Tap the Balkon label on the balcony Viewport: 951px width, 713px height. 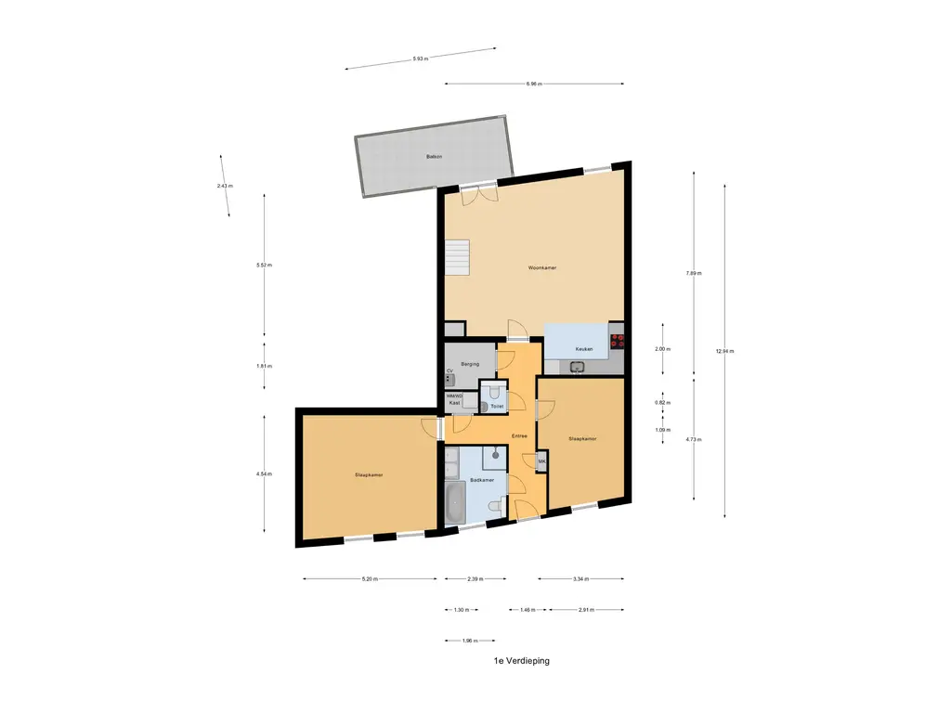434,157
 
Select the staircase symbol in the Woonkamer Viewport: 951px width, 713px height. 458,257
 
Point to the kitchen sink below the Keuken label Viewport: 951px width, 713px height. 578,367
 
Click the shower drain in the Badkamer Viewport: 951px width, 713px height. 497,455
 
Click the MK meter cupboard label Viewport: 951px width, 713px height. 541,461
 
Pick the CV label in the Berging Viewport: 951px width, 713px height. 449,371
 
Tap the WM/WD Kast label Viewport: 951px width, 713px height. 454,399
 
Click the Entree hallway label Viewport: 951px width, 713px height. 519,435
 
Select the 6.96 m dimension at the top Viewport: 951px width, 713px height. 533,84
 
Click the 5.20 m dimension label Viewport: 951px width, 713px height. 369,579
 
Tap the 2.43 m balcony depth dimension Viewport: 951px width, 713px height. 224,186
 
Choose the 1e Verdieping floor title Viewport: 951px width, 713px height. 522,661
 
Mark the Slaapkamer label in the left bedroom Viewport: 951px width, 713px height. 369,474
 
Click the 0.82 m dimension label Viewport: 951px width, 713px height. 661,403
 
